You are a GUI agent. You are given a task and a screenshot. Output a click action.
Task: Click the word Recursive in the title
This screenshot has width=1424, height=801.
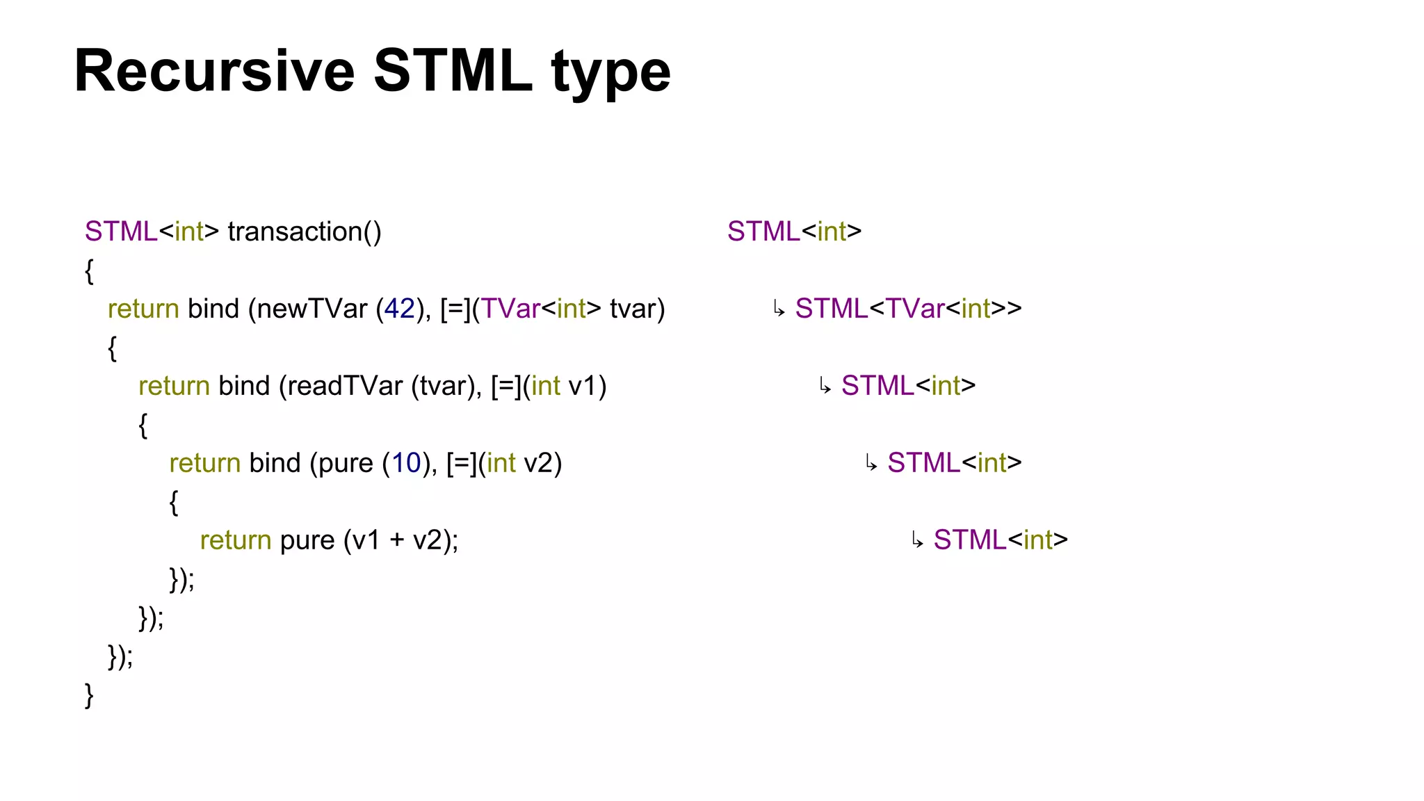click(x=214, y=71)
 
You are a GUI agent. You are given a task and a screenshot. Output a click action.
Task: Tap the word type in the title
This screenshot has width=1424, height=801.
click(x=610, y=72)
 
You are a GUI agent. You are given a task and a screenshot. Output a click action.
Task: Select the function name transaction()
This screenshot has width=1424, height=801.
click(x=305, y=232)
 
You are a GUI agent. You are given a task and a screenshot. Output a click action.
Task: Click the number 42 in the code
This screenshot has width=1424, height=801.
click(x=399, y=309)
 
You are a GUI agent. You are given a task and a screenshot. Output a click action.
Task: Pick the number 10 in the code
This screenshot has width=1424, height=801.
click(x=406, y=463)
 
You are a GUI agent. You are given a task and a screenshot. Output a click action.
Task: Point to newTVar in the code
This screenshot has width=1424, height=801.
click(x=311, y=309)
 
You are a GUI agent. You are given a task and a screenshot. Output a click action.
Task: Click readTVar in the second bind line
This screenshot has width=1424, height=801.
click(x=344, y=386)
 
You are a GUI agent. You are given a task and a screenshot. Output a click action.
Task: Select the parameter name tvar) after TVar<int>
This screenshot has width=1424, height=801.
click(x=637, y=309)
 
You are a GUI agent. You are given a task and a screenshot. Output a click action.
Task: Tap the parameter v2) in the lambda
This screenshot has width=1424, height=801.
click(x=542, y=463)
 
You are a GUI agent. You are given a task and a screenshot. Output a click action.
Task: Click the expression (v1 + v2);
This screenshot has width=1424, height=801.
click(x=401, y=540)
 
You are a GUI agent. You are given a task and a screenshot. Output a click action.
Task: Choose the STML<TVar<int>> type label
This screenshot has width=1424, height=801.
click(x=908, y=309)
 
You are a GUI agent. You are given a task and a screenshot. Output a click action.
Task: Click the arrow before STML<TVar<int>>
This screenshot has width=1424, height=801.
click(x=779, y=309)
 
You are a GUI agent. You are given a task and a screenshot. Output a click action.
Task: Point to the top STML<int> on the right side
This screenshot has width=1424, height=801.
click(x=794, y=232)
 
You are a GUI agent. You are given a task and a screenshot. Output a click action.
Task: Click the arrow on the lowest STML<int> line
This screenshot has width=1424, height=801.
click(x=917, y=541)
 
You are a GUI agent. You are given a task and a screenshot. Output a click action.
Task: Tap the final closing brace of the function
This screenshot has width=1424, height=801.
click(x=89, y=695)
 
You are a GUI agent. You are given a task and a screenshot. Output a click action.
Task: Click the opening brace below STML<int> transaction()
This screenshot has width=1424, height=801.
click(x=89, y=270)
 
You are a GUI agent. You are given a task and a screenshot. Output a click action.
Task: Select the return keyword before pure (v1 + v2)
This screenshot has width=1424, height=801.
click(x=235, y=540)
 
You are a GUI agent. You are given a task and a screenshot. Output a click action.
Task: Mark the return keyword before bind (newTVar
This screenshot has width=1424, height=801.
click(x=143, y=309)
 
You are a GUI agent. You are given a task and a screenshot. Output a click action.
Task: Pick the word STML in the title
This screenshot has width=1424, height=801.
click(x=453, y=71)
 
